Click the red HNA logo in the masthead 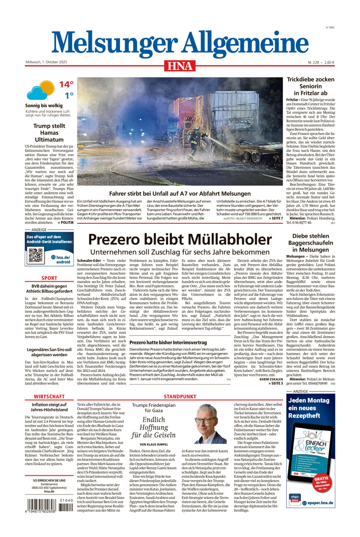point(179,66)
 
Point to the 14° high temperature point(66,85)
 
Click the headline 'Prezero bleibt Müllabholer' point(180,240)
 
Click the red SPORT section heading point(49,278)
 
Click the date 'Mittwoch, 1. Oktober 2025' point(46,62)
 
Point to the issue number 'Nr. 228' point(314,62)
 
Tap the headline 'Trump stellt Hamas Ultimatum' point(49,133)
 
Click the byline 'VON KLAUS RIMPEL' point(153,444)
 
